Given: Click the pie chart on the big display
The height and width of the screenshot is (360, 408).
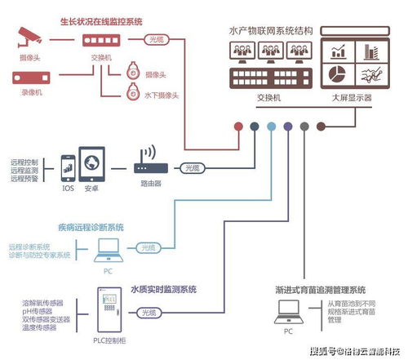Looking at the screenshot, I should pyautogui.click(x=338, y=74).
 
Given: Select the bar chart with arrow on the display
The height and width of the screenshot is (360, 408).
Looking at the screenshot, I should pyautogui.click(x=338, y=51).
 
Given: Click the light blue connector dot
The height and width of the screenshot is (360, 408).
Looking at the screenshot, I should pyautogui.click(x=271, y=127).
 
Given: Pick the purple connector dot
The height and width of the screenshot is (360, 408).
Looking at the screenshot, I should pyautogui.click(x=287, y=127).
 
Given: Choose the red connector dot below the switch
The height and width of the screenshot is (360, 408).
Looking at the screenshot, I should pyautogui.click(x=237, y=127).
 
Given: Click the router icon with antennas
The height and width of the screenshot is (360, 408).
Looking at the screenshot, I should pyautogui.click(x=149, y=162).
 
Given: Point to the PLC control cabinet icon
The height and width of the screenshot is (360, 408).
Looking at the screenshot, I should pyautogui.click(x=105, y=311).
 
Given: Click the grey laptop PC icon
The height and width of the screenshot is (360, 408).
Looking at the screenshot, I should pyautogui.click(x=289, y=311).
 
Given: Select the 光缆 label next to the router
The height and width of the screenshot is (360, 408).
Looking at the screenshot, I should pyautogui.click(x=193, y=167).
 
